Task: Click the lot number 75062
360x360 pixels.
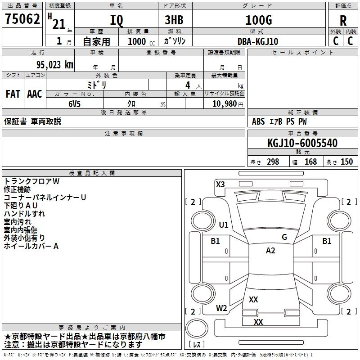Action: point(22,19)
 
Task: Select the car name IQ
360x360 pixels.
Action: point(117,20)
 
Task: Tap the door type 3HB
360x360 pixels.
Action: point(174,20)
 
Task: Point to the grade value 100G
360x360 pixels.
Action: point(259,20)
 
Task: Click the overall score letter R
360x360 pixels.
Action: point(343,21)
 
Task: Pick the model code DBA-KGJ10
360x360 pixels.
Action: point(258,41)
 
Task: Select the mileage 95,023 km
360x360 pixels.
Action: point(55,65)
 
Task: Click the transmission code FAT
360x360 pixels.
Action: point(13,94)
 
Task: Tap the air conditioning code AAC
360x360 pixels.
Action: point(35,94)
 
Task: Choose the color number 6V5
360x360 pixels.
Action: point(75,104)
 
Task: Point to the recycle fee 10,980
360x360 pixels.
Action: point(225,104)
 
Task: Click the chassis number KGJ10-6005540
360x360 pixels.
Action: point(302,143)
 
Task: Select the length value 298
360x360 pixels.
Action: point(273,162)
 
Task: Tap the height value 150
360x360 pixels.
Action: point(346,162)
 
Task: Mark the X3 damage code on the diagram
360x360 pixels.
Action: point(220,184)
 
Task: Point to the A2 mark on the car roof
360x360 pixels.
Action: point(270,251)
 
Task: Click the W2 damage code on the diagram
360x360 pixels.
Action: point(221,308)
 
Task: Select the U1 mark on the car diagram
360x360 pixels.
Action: point(224,225)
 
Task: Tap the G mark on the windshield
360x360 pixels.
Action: point(284,237)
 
